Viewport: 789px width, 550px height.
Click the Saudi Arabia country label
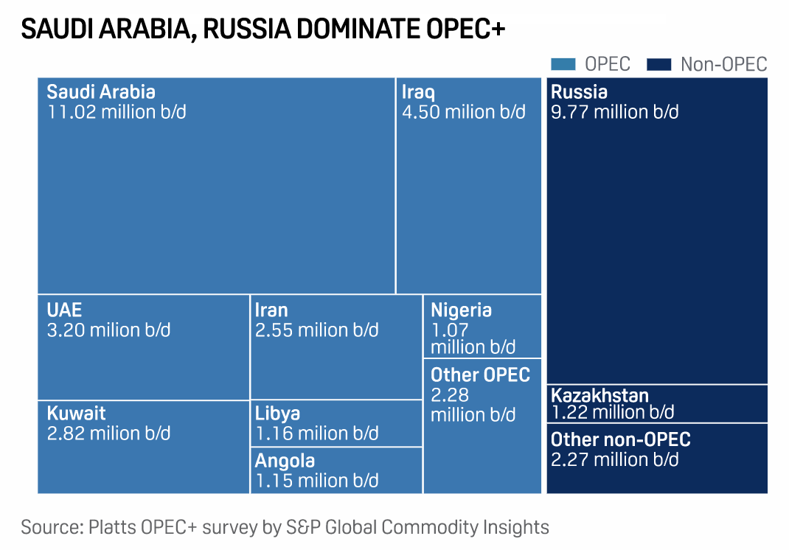click(x=101, y=92)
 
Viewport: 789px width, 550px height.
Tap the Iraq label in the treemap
click(x=418, y=93)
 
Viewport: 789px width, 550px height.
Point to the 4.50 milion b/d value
click(x=464, y=112)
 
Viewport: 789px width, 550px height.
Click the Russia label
click(x=579, y=92)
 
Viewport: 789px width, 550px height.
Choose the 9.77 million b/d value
click(x=614, y=112)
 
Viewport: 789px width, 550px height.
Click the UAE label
click(x=64, y=310)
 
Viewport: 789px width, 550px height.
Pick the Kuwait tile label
click(x=76, y=413)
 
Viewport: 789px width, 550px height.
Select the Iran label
click(x=271, y=310)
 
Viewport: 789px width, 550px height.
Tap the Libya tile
click(x=336, y=423)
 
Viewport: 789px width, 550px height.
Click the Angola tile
click(x=336, y=470)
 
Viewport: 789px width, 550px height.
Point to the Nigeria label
click(x=461, y=310)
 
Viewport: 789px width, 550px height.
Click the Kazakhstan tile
click(x=656, y=403)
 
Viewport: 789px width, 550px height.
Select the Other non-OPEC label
click(x=621, y=440)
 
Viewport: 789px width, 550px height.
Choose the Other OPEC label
click(x=480, y=375)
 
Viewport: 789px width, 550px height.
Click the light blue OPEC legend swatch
click(x=563, y=65)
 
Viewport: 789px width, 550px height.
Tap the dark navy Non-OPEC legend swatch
click(x=659, y=65)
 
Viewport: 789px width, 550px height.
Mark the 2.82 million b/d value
click(x=108, y=433)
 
